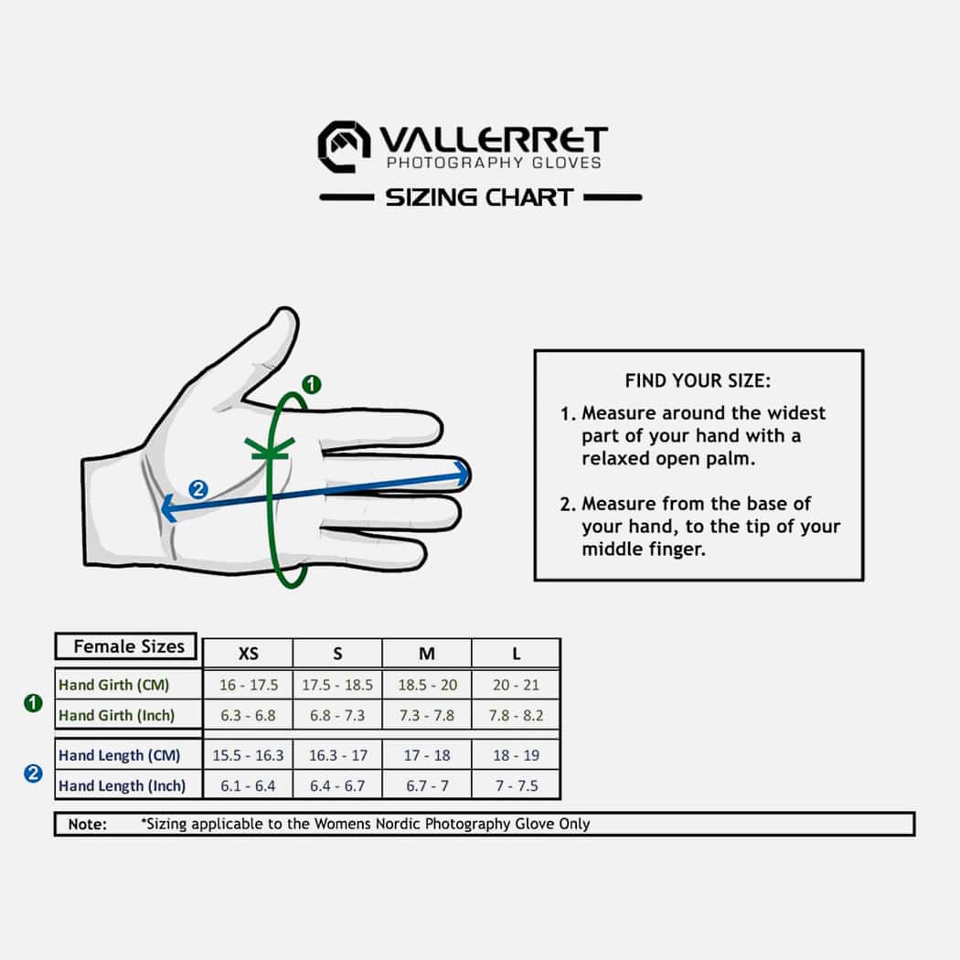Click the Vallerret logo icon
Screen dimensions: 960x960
coord(344,147)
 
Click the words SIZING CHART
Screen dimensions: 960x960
coord(480,197)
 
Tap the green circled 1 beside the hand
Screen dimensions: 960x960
coord(312,385)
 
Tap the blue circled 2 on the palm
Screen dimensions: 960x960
coord(197,489)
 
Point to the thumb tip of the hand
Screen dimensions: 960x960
coord(285,313)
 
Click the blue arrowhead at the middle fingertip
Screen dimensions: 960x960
coord(463,474)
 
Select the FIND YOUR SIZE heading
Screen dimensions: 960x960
coord(698,381)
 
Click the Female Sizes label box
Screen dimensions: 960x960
coord(126,646)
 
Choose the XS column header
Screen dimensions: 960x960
coord(248,654)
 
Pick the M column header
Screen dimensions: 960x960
coord(427,654)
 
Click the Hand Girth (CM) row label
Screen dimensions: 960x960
coord(114,685)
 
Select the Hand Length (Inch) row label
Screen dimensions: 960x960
coord(122,785)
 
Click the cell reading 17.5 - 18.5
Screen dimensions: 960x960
coord(337,685)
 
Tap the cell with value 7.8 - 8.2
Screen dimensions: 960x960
coord(517,715)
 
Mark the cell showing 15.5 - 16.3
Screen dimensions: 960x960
coord(248,755)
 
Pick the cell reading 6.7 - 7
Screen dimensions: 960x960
coord(427,785)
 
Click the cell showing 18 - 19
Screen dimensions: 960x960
coord(517,755)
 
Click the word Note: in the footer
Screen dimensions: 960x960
coord(88,824)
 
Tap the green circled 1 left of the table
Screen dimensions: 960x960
coord(33,703)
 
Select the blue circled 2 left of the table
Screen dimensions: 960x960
coord(33,773)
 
